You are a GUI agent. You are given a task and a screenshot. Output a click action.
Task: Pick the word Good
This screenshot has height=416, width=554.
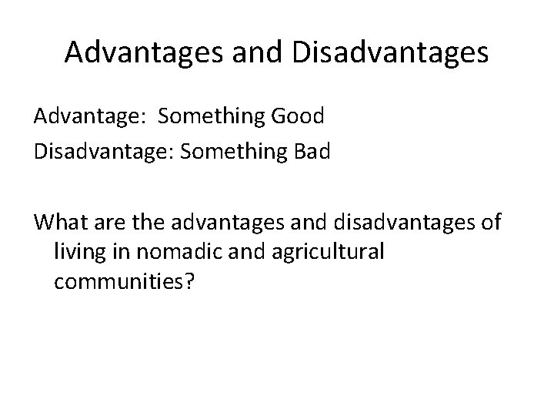coord(299,116)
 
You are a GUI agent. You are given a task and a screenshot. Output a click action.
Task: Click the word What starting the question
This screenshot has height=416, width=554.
coord(61,223)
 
